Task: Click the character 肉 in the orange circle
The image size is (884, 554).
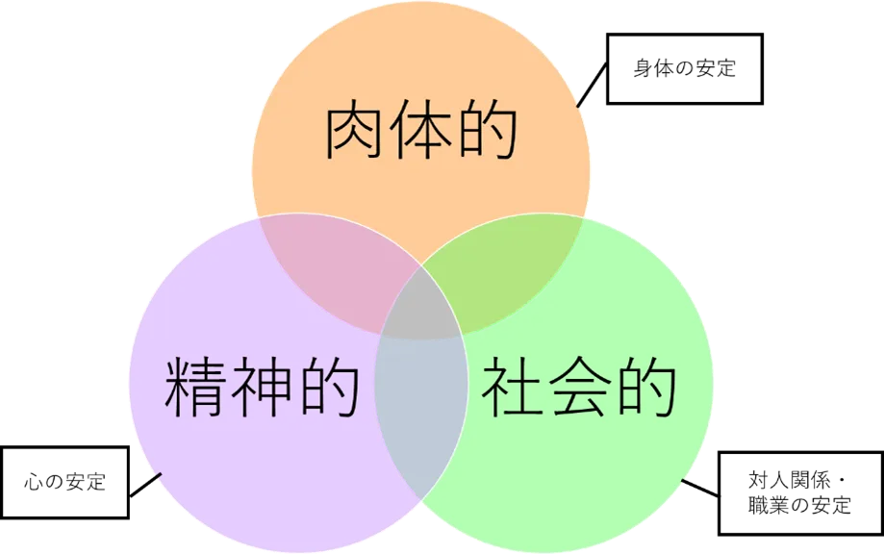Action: [357, 133]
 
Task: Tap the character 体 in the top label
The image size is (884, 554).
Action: [421, 133]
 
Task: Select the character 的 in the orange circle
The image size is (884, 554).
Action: [487, 133]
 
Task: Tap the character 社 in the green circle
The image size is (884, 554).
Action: [511, 388]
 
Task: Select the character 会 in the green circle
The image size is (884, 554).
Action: [577, 388]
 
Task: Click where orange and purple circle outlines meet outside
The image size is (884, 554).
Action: [258, 217]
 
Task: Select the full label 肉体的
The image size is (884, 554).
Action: [421, 133]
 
